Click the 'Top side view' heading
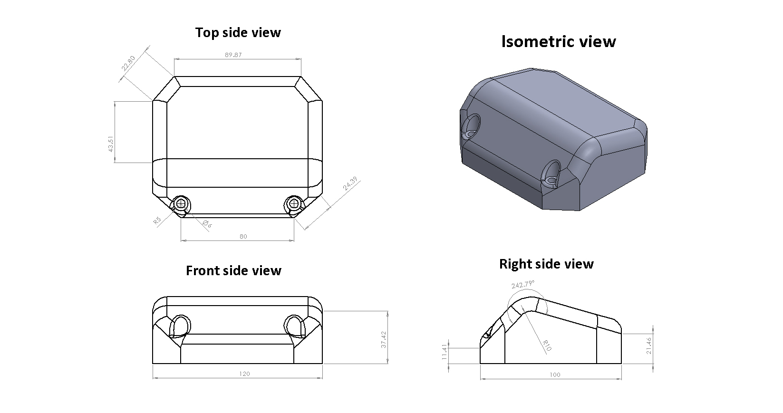click(238, 32)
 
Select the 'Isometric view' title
click(558, 41)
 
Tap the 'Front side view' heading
click(233, 271)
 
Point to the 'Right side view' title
click(546, 264)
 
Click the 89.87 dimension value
click(233, 55)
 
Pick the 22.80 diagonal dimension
click(128, 63)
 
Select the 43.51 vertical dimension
click(110, 144)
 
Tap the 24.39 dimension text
click(350, 183)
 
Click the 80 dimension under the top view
click(243, 237)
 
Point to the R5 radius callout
click(157, 221)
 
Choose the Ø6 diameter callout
click(207, 224)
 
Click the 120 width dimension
click(245, 374)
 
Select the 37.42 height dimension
click(384, 340)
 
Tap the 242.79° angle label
click(523, 284)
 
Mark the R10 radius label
click(547, 346)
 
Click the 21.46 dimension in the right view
click(649, 346)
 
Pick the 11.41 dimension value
click(445, 352)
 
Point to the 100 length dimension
click(555, 375)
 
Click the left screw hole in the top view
click(181, 203)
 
